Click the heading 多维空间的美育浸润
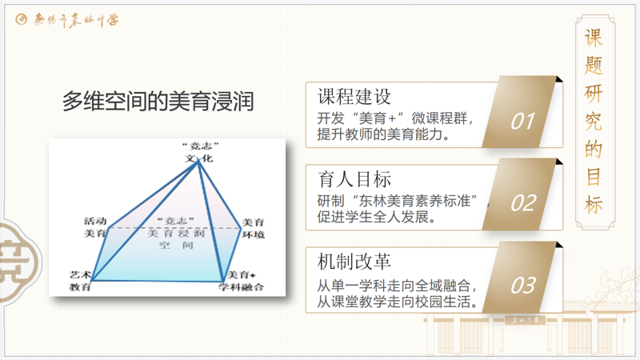(158, 102)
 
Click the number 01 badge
(522, 121)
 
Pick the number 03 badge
(522, 286)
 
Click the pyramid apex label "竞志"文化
(199, 152)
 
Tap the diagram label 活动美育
(95, 227)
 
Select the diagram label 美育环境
(254, 228)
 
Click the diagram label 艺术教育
(80, 280)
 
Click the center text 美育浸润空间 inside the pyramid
(175, 234)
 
